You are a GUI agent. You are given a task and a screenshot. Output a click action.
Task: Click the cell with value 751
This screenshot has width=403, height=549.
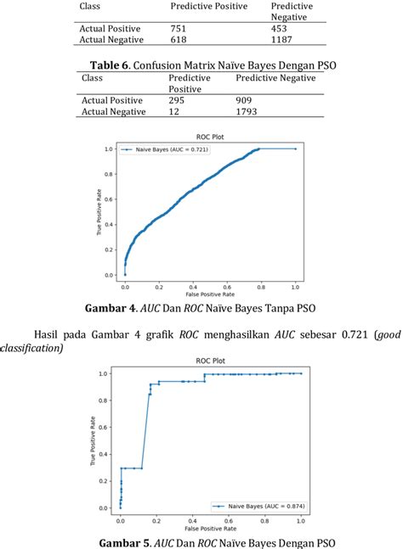179,28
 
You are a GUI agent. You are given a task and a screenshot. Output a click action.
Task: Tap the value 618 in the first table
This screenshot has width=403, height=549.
179,39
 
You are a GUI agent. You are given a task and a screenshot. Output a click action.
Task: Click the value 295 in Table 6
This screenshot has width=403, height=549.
178,100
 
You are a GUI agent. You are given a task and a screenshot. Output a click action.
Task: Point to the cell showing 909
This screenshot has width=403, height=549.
246,100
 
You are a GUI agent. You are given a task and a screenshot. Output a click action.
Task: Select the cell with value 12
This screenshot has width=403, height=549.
174,111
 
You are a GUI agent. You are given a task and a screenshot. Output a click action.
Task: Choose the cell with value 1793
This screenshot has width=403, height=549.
249,111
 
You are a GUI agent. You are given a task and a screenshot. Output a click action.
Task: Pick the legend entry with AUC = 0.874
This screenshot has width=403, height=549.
260,506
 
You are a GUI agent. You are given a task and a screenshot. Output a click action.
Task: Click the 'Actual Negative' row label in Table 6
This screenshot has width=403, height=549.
114,111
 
